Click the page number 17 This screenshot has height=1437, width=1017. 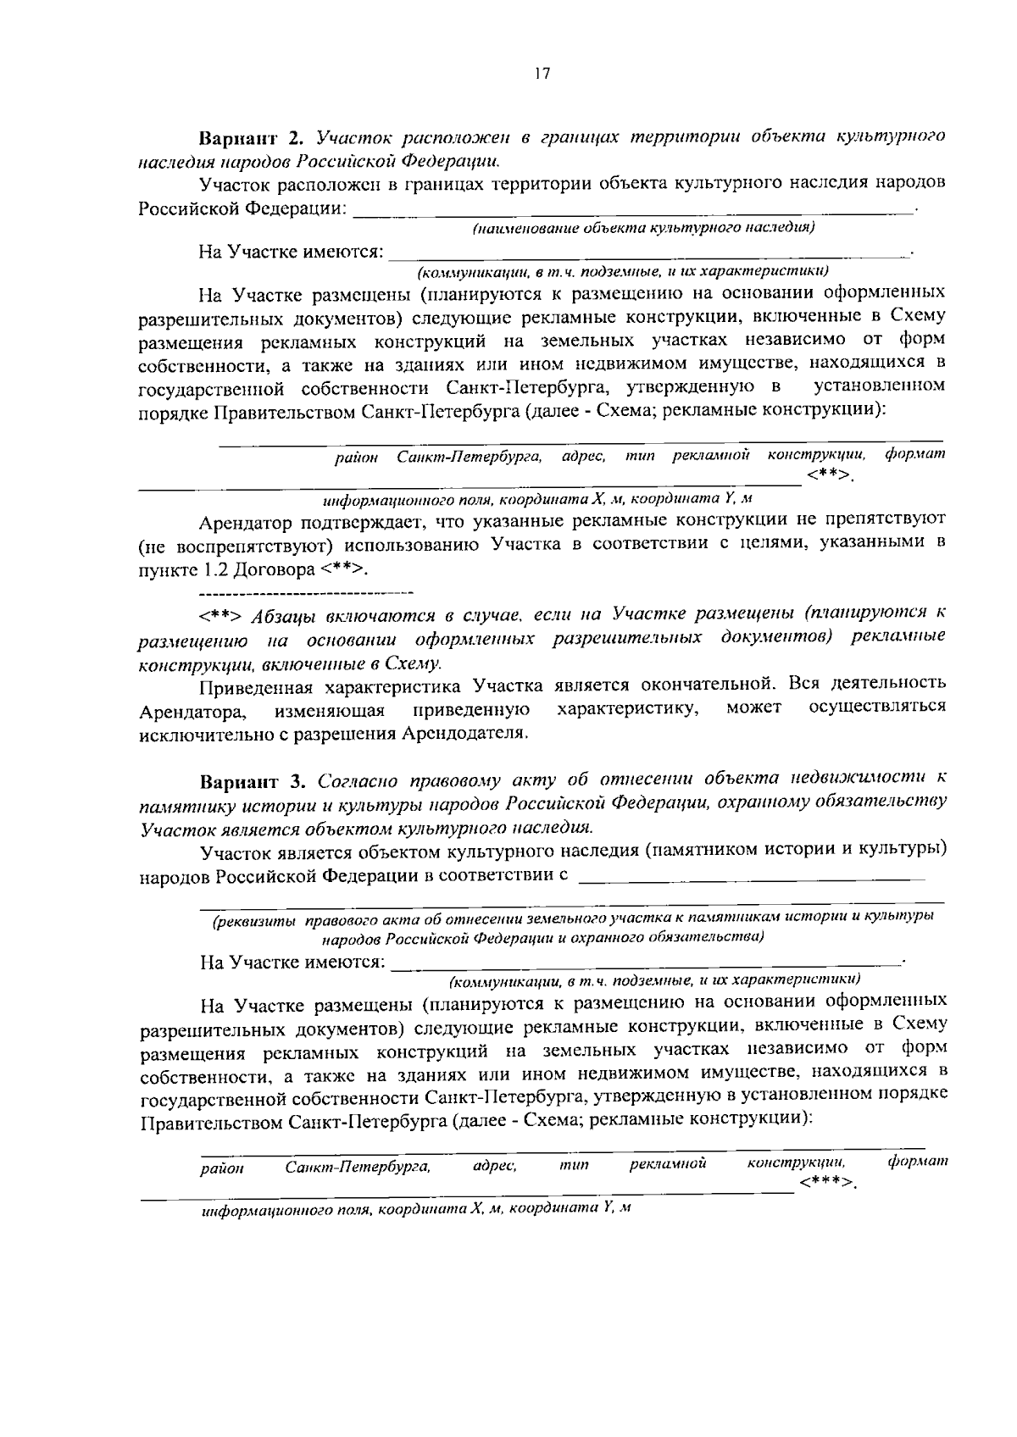[x=542, y=74]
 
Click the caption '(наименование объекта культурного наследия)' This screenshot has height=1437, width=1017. [x=644, y=228]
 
